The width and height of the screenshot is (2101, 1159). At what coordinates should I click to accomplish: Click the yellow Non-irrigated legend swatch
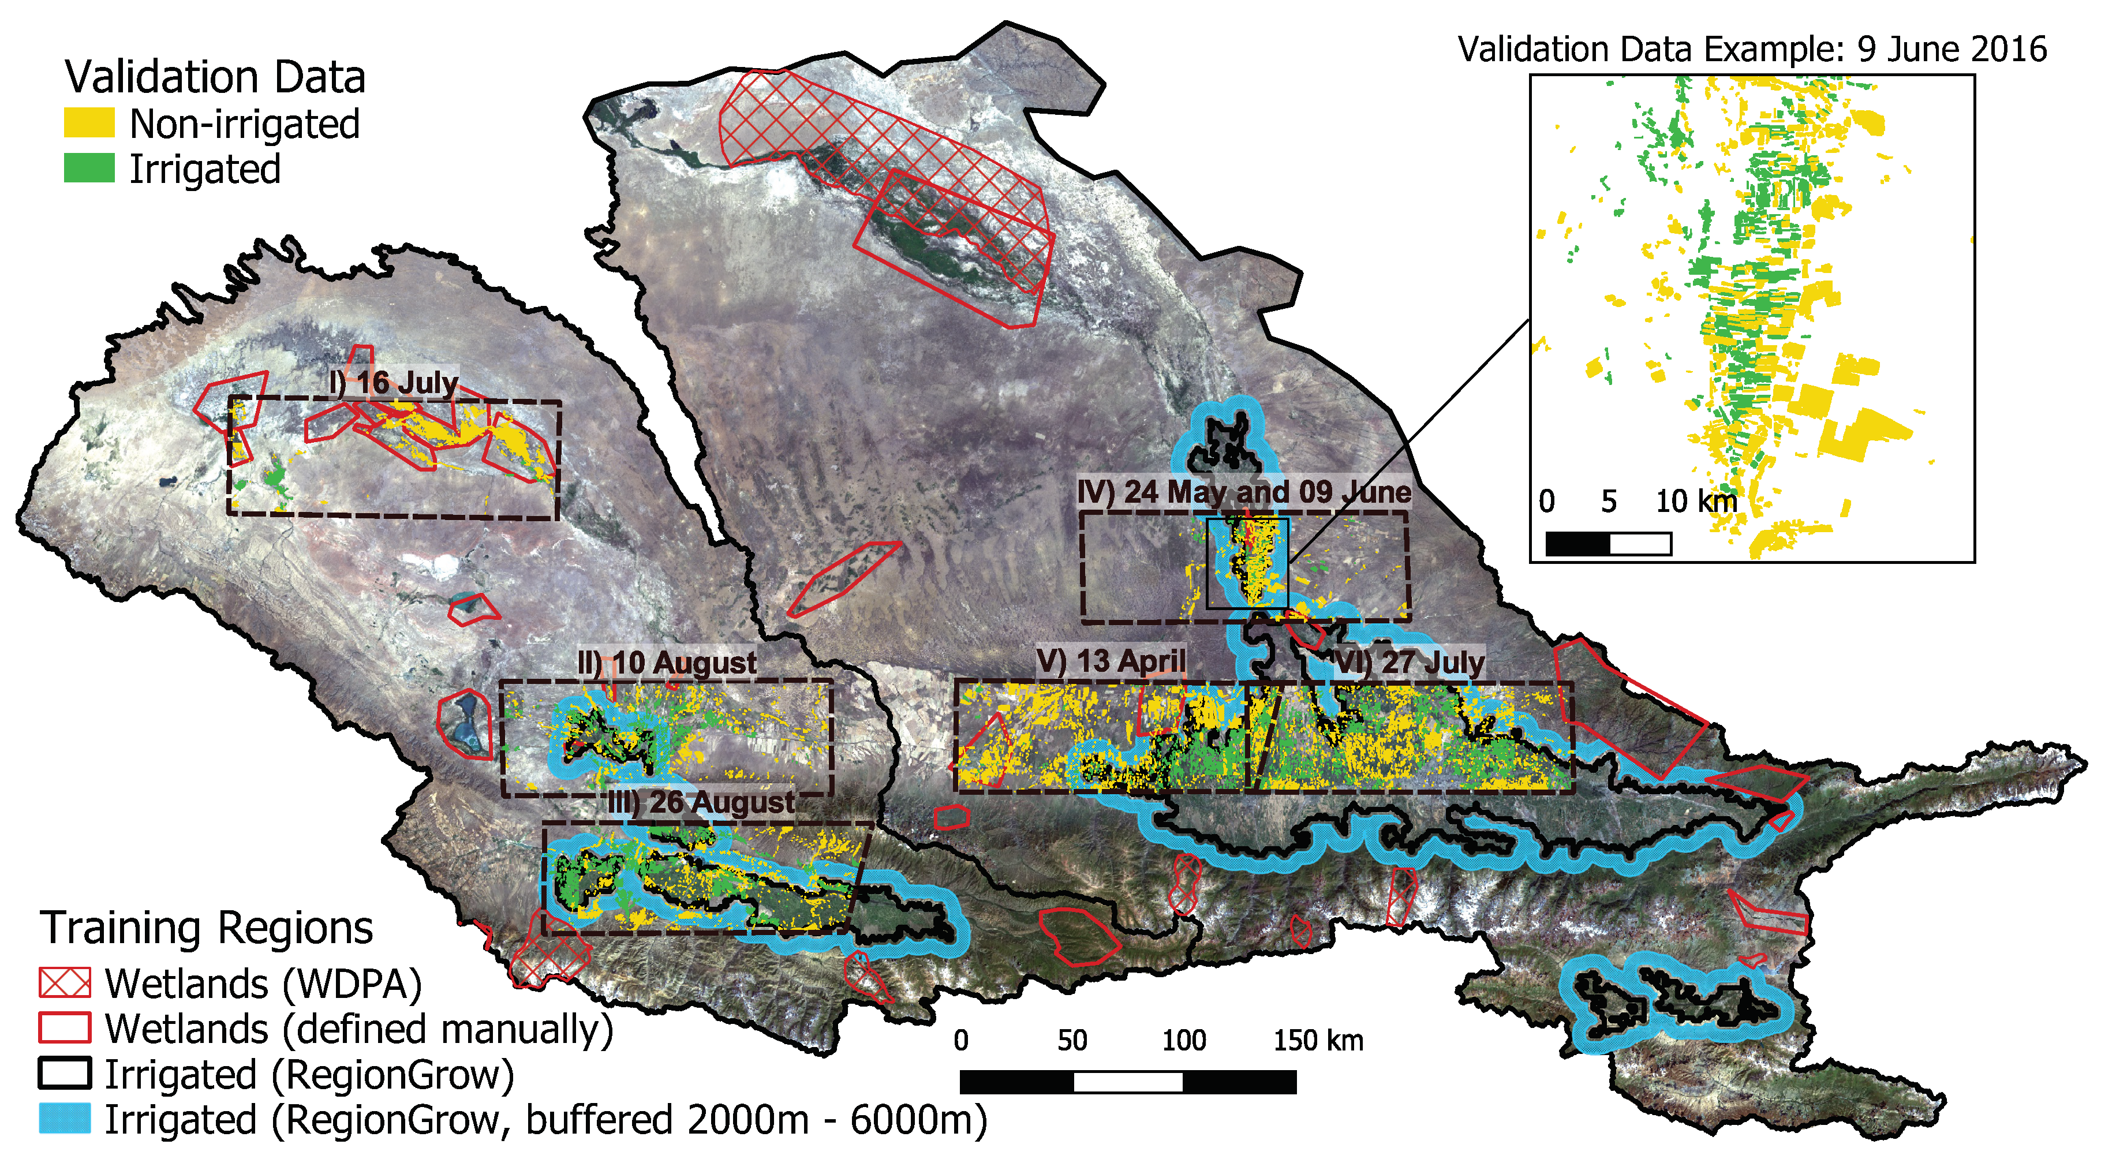tap(89, 123)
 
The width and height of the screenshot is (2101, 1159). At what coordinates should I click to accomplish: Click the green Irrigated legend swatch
tap(89, 168)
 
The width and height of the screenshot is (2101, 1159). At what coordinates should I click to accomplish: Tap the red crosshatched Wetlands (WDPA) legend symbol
tap(65, 983)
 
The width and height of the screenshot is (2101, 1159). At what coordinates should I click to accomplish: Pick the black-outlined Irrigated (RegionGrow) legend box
tap(65, 1074)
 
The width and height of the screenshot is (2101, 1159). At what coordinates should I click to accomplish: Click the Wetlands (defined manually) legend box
tap(65, 1027)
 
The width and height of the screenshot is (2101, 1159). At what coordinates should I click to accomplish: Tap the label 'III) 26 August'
tap(701, 802)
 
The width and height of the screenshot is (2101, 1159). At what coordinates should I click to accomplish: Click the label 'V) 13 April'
tap(1111, 661)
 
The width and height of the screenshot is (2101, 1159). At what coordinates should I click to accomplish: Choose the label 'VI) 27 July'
tap(1408, 662)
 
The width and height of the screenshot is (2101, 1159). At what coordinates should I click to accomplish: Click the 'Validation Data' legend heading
tap(215, 77)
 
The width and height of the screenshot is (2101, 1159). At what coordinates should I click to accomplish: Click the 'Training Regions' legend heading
tap(207, 928)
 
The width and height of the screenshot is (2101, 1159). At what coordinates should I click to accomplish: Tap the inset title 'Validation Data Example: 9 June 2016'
tap(1752, 49)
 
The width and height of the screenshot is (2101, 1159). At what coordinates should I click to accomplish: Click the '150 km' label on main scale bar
tap(1318, 1041)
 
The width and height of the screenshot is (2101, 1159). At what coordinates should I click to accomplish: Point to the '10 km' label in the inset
tap(1696, 501)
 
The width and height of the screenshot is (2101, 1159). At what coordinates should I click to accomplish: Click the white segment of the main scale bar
tap(1128, 1082)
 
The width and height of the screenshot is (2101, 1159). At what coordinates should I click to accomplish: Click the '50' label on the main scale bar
tap(1072, 1041)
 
